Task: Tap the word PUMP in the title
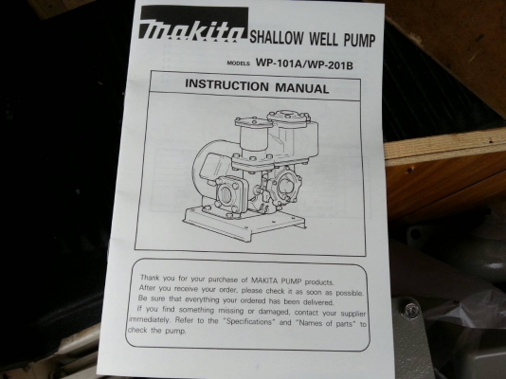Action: click(x=359, y=40)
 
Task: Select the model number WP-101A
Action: click(x=278, y=63)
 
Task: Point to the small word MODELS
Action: click(x=239, y=63)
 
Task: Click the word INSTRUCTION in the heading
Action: click(x=226, y=84)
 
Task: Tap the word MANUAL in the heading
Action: click(x=302, y=88)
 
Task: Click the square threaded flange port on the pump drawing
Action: click(x=229, y=193)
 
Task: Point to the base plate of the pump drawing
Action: click(x=244, y=224)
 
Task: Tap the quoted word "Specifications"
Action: click(x=249, y=321)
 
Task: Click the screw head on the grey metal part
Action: click(x=411, y=308)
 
